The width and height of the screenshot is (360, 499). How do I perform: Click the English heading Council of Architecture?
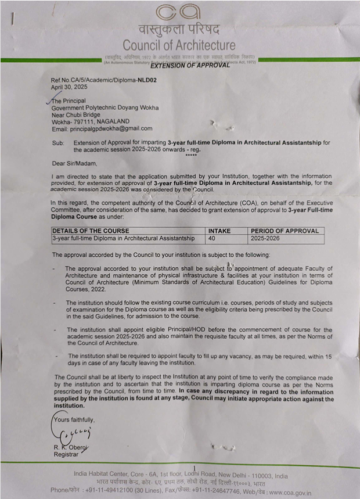(x=179, y=45)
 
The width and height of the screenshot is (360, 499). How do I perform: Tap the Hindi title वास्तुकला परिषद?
(x=179, y=29)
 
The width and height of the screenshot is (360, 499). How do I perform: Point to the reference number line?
(x=103, y=80)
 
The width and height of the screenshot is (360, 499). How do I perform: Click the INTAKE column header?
(x=220, y=231)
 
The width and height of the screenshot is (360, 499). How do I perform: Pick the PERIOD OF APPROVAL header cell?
(x=285, y=231)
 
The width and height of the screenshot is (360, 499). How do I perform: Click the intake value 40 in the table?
(x=212, y=238)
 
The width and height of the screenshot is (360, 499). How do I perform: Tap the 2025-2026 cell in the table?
(x=265, y=238)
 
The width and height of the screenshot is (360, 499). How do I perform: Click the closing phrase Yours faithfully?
(x=74, y=419)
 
